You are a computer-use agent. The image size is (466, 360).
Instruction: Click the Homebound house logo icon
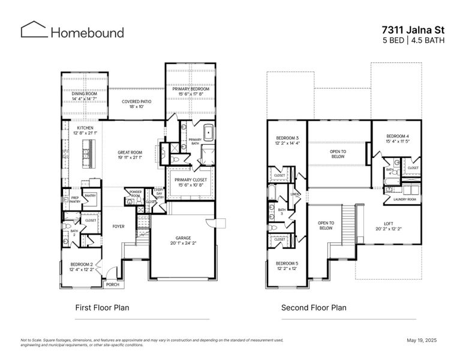pyautogui.click(x=32, y=31)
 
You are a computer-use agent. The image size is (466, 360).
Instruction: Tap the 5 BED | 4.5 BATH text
pyautogui.click(x=413, y=40)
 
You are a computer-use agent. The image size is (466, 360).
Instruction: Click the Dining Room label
pyautogui.click(x=83, y=93)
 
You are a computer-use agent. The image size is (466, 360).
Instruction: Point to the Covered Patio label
pyautogui.click(x=137, y=101)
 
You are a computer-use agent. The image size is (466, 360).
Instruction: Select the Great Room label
pyautogui.click(x=130, y=152)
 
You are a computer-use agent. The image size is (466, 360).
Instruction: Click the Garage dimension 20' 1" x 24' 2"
pyautogui.click(x=182, y=243)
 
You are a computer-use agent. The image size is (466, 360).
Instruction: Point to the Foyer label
pyautogui.click(x=118, y=226)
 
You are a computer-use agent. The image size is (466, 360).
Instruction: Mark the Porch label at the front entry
pyautogui.click(x=112, y=284)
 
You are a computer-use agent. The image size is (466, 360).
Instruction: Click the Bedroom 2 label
pyautogui.click(x=82, y=265)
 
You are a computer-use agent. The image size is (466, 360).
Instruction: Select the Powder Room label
pyautogui.click(x=136, y=193)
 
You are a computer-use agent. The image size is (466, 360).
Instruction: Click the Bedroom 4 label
pyautogui.click(x=398, y=136)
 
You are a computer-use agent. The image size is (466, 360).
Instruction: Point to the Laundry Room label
pyautogui.click(x=405, y=199)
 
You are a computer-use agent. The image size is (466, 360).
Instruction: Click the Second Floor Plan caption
pyautogui.click(x=314, y=308)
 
